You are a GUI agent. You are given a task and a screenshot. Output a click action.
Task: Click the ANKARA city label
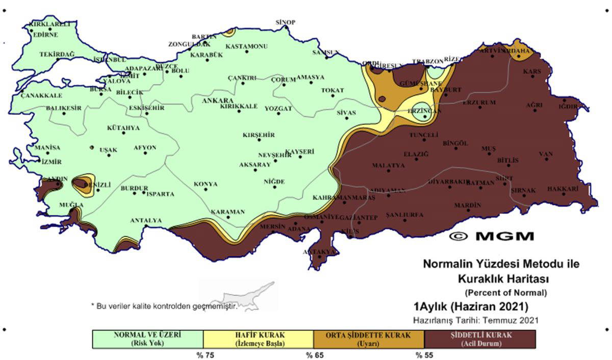pyautogui.click(x=218, y=100)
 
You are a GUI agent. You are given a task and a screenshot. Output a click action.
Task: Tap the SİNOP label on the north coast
pyautogui.click(x=285, y=22)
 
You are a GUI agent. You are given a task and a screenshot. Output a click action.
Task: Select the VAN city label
pyautogui.click(x=546, y=154)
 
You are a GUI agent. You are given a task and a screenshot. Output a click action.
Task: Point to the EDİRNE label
pyautogui.click(x=45, y=35)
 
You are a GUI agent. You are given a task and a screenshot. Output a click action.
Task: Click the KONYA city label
pyautogui.click(x=206, y=184)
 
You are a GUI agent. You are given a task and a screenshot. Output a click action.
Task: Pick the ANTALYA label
pyautogui.click(x=146, y=221)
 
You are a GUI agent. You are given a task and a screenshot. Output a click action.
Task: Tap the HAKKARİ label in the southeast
pyautogui.click(x=563, y=189)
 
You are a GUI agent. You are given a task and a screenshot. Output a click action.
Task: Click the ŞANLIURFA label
pyautogui.click(x=405, y=215)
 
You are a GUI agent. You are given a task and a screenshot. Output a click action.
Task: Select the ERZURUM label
pyautogui.click(x=479, y=102)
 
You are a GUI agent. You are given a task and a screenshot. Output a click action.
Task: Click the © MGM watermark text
pyautogui.click(x=492, y=236)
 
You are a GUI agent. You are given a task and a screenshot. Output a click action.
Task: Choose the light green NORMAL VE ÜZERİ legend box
pyautogui.click(x=147, y=339)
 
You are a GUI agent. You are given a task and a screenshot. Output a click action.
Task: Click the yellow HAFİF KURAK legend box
pyautogui.click(x=258, y=339)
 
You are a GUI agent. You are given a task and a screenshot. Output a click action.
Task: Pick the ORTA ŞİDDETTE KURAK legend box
pyautogui.click(x=369, y=339)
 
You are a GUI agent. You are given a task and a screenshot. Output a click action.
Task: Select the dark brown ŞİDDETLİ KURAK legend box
pyautogui.click(x=480, y=339)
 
